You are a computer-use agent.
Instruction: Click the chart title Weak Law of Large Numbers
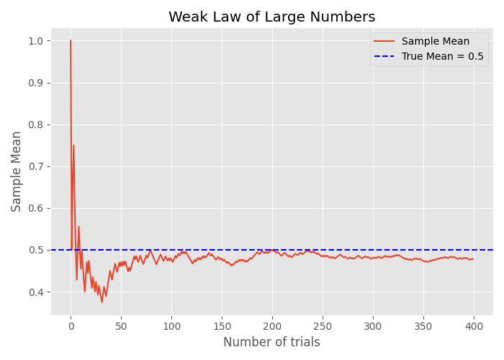[271, 17]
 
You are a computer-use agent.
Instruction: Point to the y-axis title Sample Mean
[17, 171]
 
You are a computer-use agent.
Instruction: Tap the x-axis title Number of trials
[271, 343]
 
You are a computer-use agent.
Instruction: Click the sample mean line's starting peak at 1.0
[71, 41]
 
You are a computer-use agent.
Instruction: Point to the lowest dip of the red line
[102, 302]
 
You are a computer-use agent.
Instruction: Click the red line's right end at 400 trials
[473, 259]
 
